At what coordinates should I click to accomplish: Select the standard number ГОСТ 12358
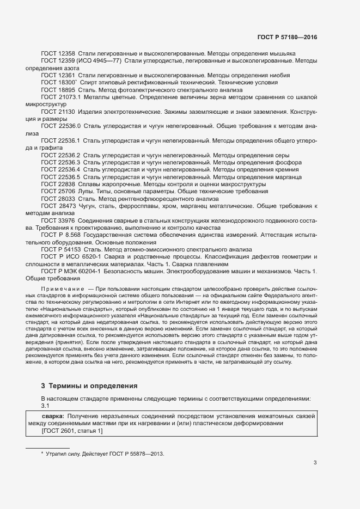58,54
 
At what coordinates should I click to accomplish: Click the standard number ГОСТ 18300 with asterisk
59,82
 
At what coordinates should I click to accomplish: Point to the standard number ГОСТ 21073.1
61,96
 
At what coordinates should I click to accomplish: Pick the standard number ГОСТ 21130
58,111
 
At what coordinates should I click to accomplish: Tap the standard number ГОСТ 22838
58,184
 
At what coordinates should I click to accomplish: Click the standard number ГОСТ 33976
58,220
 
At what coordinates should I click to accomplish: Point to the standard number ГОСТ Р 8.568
62,235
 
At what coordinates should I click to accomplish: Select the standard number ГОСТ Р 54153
61,249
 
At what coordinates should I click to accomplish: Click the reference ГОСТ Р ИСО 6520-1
71,256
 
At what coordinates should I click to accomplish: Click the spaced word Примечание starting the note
63,287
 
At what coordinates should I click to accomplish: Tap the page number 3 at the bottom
315,463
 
